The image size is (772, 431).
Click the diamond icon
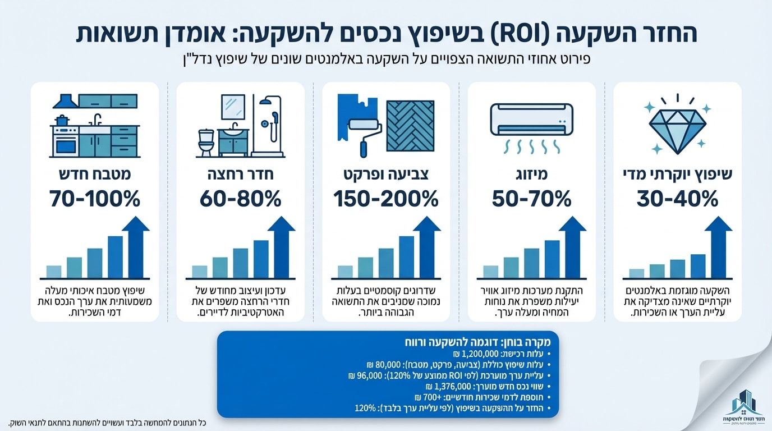tap(678, 124)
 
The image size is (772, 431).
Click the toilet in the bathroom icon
tap(206, 143)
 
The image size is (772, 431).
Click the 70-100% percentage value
tap(95, 199)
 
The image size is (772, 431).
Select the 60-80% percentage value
tap(241, 199)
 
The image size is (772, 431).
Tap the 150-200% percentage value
tap(386, 199)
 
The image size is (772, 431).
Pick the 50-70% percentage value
tap(531, 199)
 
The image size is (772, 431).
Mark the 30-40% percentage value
tap(677, 199)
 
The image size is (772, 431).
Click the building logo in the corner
tap(743, 405)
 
